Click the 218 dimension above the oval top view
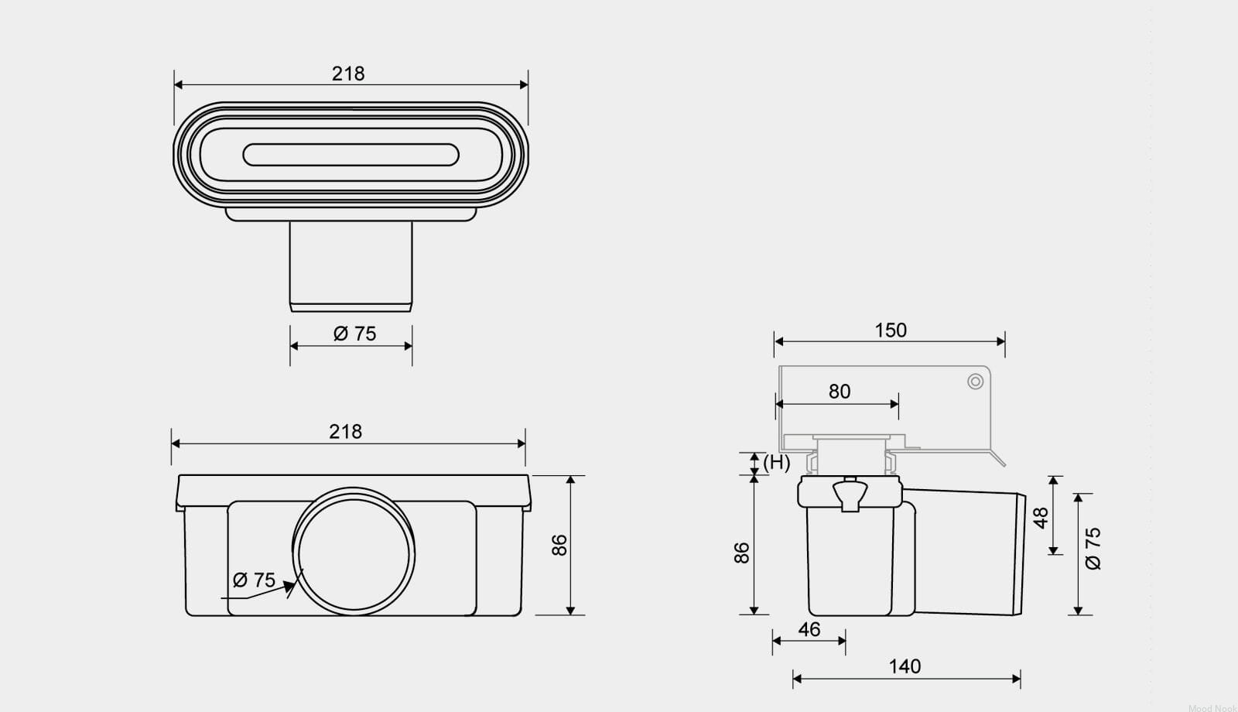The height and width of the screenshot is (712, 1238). [x=348, y=74]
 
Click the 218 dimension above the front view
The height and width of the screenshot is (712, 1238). [x=345, y=432]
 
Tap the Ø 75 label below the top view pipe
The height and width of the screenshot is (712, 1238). [x=355, y=334]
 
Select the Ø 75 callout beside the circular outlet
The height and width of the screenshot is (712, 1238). [x=255, y=580]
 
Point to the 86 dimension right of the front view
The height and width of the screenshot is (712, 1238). [x=559, y=545]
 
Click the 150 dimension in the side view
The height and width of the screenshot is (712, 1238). [x=891, y=330]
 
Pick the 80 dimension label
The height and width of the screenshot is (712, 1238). [x=840, y=392]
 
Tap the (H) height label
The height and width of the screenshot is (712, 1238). [x=777, y=463]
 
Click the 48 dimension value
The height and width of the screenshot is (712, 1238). [x=1041, y=518]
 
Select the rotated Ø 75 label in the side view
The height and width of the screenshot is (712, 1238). [x=1093, y=549]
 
